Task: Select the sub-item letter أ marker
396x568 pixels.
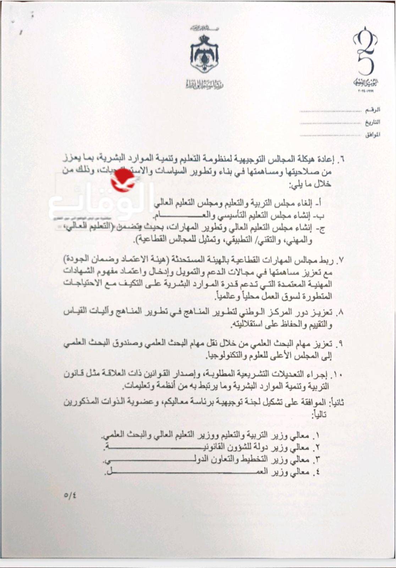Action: click(x=319, y=203)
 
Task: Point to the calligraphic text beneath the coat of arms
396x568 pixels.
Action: click(x=205, y=85)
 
